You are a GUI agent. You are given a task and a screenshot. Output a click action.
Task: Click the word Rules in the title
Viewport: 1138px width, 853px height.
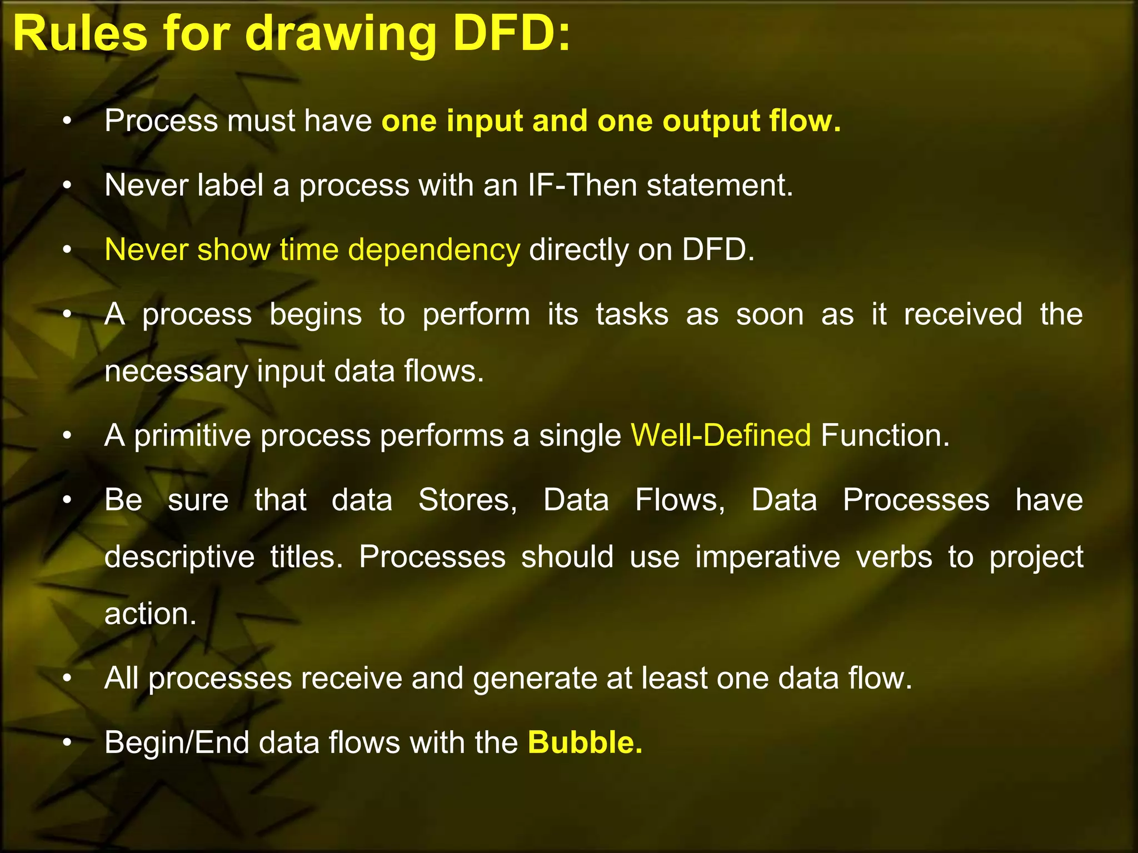pos(80,34)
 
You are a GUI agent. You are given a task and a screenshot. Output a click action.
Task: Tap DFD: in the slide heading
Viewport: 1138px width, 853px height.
pos(511,34)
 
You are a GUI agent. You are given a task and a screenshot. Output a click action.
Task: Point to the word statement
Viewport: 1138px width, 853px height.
pos(720,186)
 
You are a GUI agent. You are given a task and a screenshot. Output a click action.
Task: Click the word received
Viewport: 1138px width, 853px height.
pos(962,314)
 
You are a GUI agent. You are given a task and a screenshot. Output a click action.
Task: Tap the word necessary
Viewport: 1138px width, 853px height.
pos(176,372)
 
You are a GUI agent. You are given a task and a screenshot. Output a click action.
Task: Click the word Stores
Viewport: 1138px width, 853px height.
pos(467,500)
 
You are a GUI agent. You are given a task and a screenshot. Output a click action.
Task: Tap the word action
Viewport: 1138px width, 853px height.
pos(151,614)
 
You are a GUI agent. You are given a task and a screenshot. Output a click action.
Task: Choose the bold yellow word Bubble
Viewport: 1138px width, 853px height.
pos(585,742)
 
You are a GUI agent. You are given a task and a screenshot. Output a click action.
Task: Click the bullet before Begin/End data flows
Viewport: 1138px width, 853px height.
pos(67,742)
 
